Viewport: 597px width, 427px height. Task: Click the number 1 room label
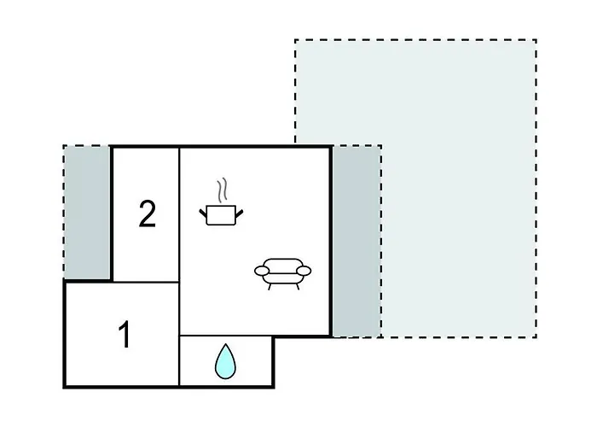pyautogui.click(x=125, y=335)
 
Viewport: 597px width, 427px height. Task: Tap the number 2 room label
pyautogui.click(x=148, y=213)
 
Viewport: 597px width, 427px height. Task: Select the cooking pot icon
pyautogui.click(x=221, y=214)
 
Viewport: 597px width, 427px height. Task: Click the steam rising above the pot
pyautogui.click(x=222, y=190)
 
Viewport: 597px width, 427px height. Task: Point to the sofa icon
pyautogui.click(x=282, y=274)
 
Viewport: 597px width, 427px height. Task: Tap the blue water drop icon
pyautogui.click(x=225, y=361)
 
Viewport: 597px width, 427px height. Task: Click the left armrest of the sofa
pyautogui.click(x=262, y=271)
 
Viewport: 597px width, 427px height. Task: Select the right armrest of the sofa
pyautogui.click(x=304, y=271)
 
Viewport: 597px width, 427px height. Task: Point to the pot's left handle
pyautogui.click(x=203, y=213)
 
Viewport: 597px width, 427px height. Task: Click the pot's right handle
pyautogui.click(x=240, y=213)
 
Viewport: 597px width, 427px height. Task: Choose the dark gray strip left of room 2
pyautogui.click(x=87, y=212)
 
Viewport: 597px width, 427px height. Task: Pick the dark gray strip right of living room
pyautogui.click(x=356, y=241)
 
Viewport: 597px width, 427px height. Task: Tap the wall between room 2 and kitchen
pyautogui.click(x=179, y=214)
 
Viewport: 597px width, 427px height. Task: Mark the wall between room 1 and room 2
pyautogui.click(x=146, y=282)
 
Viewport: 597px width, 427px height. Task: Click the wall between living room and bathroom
pyautogui.click(x=226, y=336)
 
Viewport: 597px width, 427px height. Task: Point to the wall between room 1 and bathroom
pyautogui.click(x=179, y=360)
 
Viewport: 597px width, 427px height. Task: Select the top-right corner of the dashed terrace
pyautogui.click(x=536, y=39)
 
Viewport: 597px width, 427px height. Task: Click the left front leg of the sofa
pyautogui.click(x=270, y=287)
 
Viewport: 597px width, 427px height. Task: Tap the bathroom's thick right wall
pyautogui.click(x=273, y=362)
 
